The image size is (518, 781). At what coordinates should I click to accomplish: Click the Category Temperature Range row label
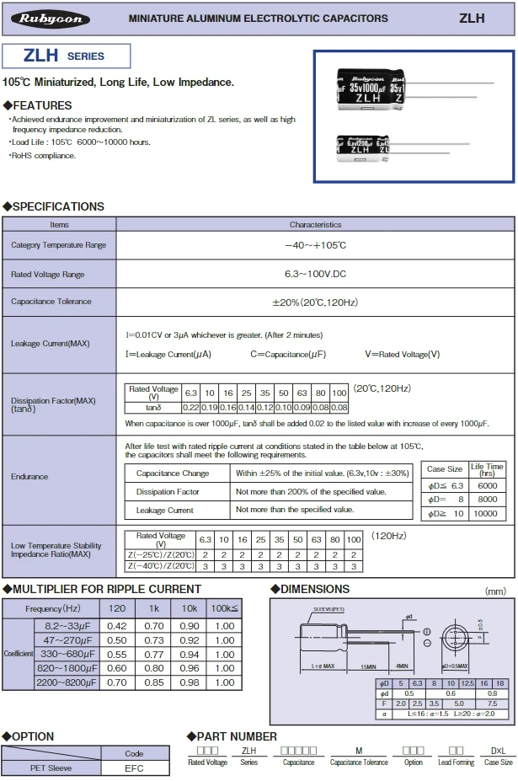tap(59, 245)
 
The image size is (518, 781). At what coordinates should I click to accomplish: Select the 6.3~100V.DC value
tap(316, 275)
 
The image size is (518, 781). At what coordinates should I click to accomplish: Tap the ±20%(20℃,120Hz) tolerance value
tap(316, 302)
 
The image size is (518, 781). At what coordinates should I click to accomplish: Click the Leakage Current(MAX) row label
tap(51, 344)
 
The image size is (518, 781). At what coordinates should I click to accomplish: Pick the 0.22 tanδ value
tap(191, 408)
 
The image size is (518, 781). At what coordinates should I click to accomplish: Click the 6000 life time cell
tap(487, 486)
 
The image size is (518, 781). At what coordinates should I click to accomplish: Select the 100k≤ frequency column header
tap(225, 608)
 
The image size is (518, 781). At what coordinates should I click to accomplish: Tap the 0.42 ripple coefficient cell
tap(117, 626)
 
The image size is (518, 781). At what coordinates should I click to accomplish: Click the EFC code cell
tap(134, 768)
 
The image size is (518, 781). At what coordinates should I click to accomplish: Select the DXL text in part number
tap(498, 749)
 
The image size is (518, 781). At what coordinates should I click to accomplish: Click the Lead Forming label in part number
tap(456, 762)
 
